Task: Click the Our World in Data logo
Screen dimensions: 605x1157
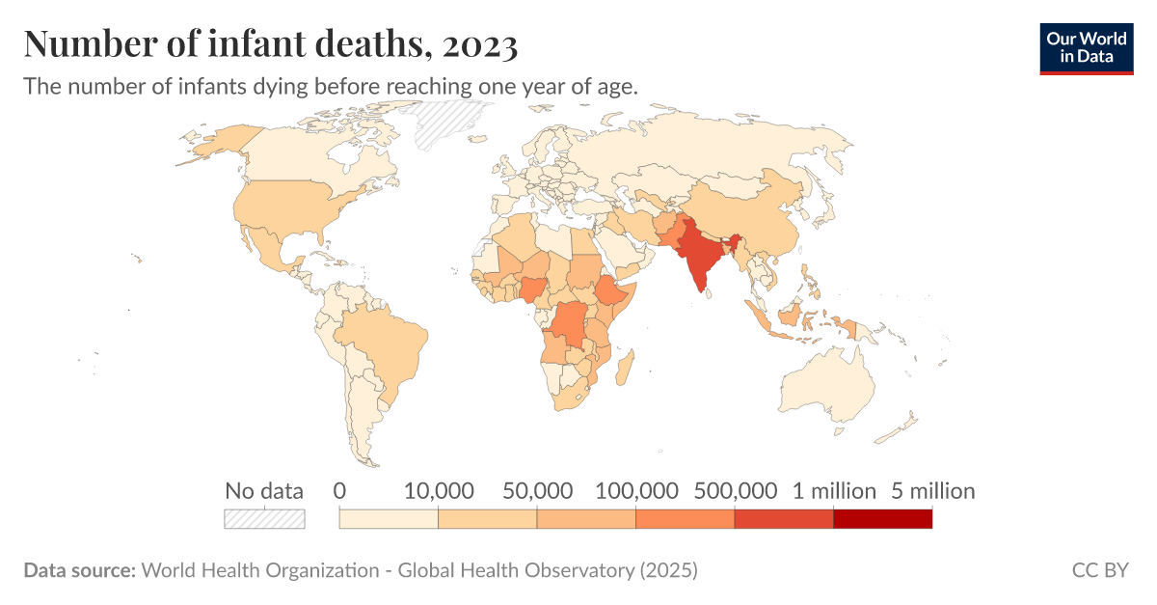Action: click(1086, 46)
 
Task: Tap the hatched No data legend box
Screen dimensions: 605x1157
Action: click(264, 519)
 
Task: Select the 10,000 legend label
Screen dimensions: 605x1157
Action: click(438, 491)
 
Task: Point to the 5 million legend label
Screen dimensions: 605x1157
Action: click(932, 491)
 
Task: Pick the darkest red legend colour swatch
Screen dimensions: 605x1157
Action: click(882, 519)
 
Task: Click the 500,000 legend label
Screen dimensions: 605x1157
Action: click(735, 491)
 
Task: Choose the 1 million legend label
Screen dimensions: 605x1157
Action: click(834, 491)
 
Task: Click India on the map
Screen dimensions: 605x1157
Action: click(700, 255)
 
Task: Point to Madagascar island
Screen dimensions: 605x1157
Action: click(624, 368)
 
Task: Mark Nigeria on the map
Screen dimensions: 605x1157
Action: click(533, 289)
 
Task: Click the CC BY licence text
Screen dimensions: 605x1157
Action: click(1099, 570)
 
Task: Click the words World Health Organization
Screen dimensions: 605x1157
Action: click(259, 570)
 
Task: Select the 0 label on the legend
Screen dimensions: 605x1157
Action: click(339, 491)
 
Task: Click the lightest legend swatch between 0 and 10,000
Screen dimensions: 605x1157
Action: click(389, 519)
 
